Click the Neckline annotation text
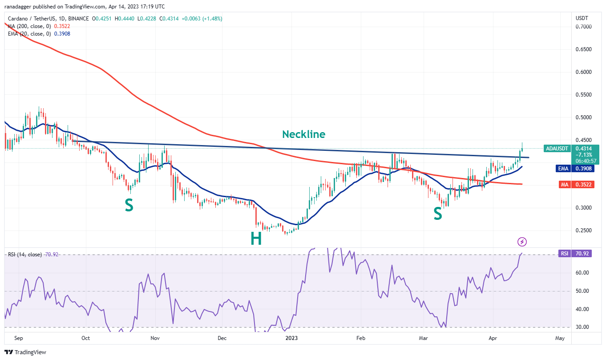click(x=303, y=134)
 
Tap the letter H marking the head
click(x=256, y=239)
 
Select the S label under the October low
click(x=129, y=205)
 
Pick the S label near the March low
click(x=438, y=214)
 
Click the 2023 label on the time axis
click(x=292, y=338)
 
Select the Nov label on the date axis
click(x=155, y=338)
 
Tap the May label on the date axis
click(x=560, y=338)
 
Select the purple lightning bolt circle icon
click(x=522, y=242)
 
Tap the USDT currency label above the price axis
click(x=582, y=18)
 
